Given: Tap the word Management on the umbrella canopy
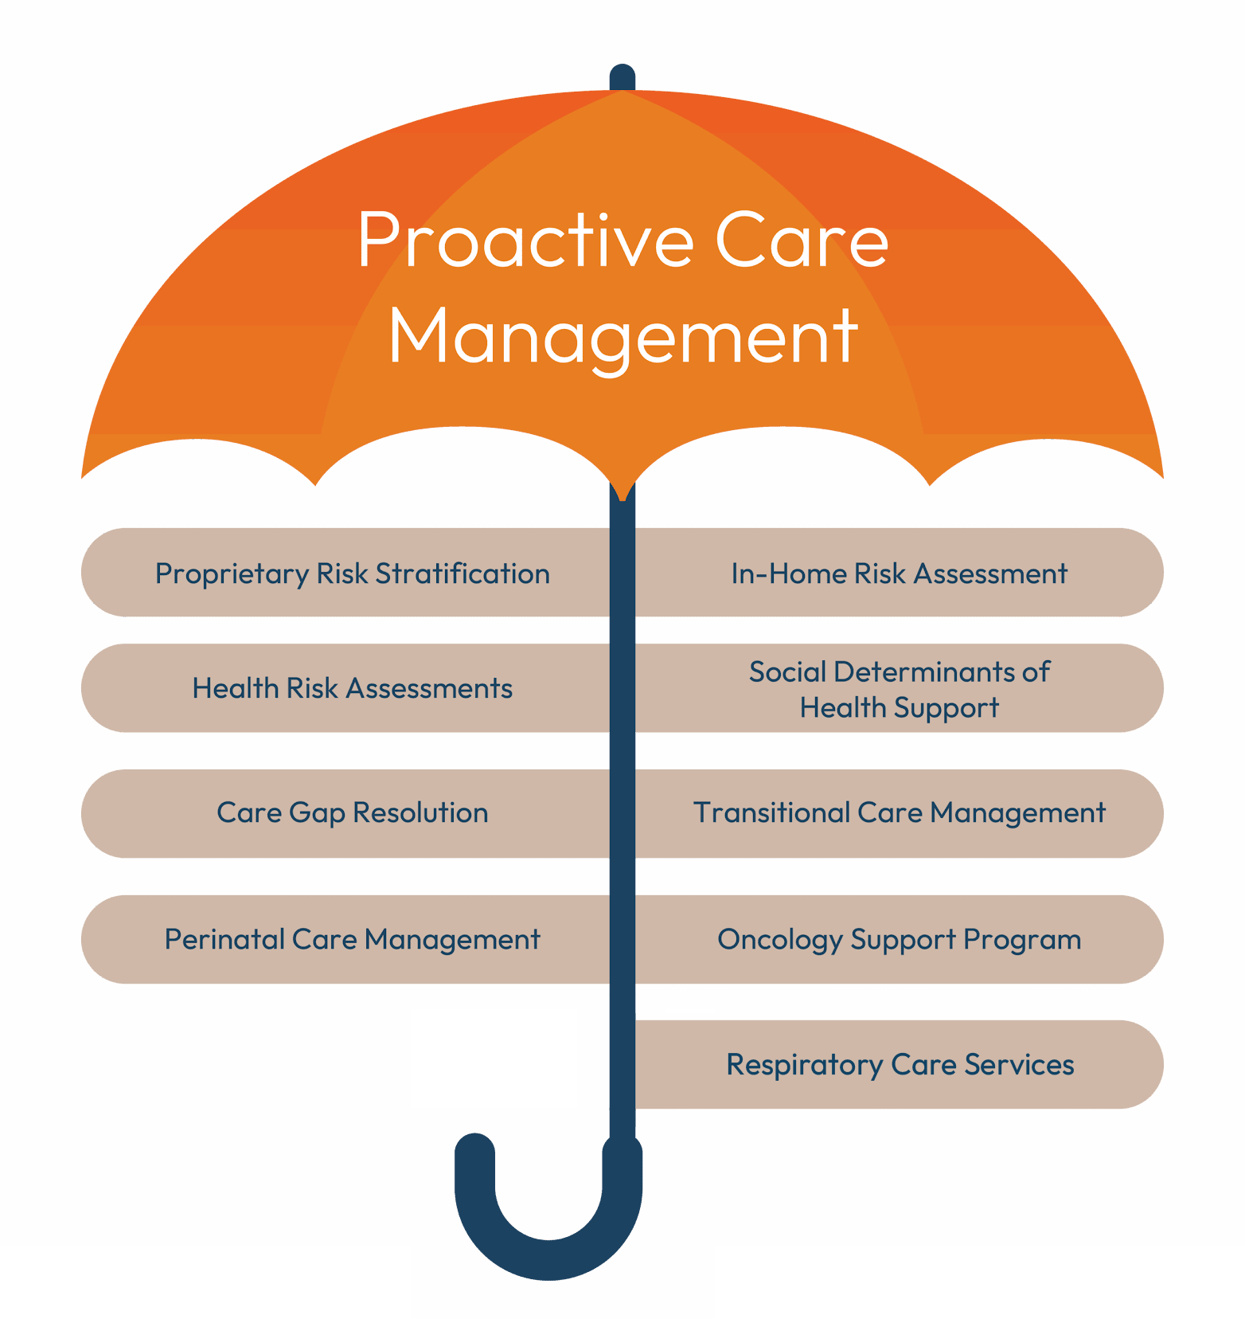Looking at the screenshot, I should click(622, 338).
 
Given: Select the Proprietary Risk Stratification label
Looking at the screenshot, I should click(352, 573).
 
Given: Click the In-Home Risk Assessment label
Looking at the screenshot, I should click(899, 573).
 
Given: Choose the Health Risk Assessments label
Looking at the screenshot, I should click(352, 688).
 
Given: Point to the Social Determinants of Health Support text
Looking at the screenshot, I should click(899, 689).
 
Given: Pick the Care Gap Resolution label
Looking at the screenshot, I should click(352, 812).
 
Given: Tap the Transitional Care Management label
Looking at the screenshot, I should click(899, 812).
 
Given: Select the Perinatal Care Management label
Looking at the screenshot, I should click(352, 940).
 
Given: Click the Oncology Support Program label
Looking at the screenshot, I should click(899, 940).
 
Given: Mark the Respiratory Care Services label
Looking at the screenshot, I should click(900, 1065).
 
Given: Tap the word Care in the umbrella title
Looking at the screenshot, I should click(801, 241).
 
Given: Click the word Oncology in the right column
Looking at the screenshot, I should click(779, 940).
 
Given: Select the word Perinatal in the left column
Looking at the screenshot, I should click(224, 940).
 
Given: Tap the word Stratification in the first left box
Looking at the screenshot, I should click(462, 573).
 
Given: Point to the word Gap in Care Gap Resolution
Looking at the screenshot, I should click(316, 813).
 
